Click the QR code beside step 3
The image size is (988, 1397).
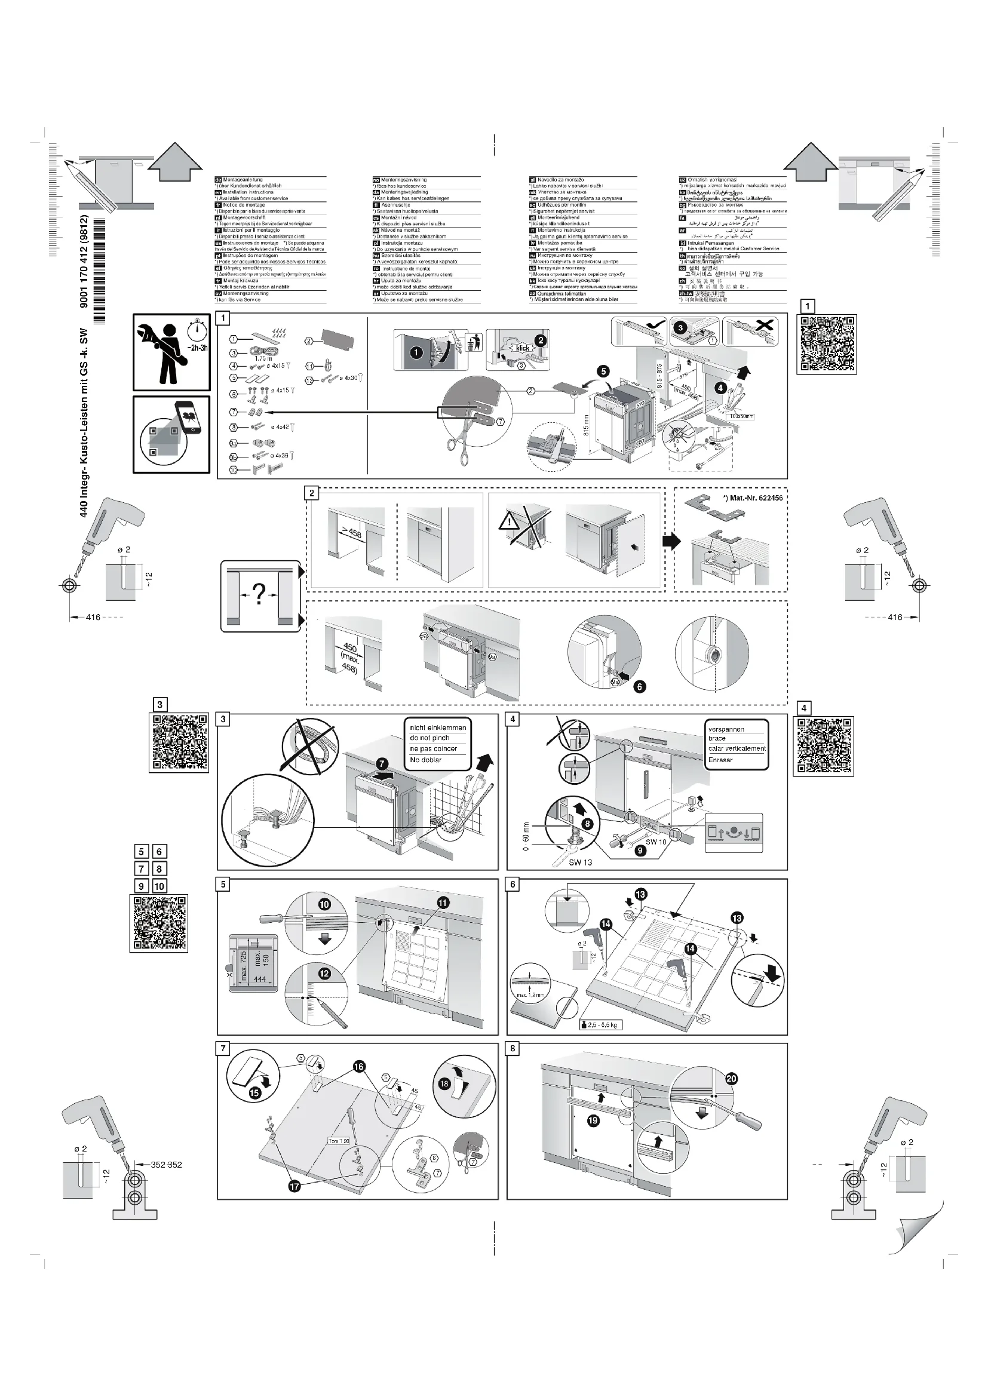(x=179, y=742)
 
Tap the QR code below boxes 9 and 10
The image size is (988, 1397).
(x=159, y=923)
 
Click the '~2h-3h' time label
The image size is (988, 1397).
(x=197, y=348)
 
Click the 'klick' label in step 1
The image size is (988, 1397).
(x=523, y=348)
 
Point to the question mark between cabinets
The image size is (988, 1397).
(x=259, y=594)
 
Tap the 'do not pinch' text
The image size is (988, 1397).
(x=429, y=738)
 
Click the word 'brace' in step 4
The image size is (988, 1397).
(x=717, y=738)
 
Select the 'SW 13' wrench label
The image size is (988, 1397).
(x=580, y=862)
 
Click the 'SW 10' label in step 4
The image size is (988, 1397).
(x=656, y=842)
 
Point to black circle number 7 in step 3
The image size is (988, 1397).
(x=382, y=764)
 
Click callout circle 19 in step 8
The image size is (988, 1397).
(x=593, y=1120)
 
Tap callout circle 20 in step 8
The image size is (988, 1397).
(x=731, y=1079)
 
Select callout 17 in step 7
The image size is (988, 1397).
(x=294, y=1186)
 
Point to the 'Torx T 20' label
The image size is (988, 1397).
(x=339, y=1141)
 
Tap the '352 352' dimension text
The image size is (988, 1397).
(x=166, y=1165)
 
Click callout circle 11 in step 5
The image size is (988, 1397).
(x=442, y=903)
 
